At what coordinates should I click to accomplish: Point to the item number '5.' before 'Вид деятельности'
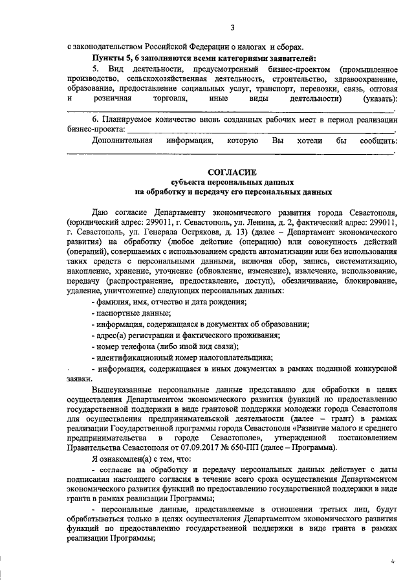click(96, 68)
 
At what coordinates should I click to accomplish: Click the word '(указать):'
click(380, 98)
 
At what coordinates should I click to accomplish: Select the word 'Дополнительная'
click(122, 140)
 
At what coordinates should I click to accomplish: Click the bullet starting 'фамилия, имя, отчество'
click(171, 302)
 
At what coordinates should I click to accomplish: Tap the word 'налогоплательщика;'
click(237, 357)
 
